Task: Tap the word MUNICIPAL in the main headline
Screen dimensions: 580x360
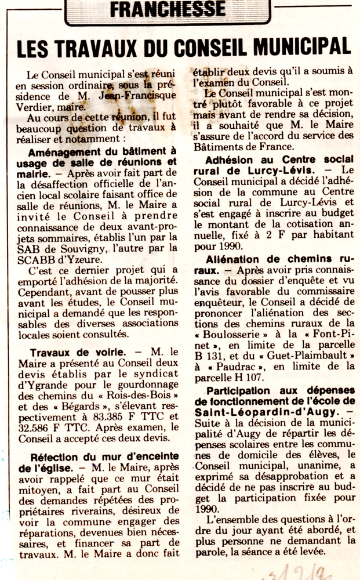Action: point(296,49)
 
